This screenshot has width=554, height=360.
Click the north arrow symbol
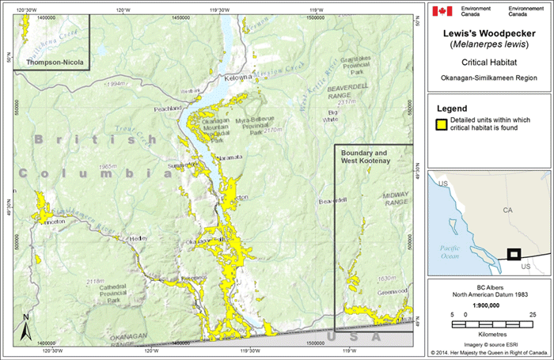coord(25,324)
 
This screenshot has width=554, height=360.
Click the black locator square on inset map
coord(514,254)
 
